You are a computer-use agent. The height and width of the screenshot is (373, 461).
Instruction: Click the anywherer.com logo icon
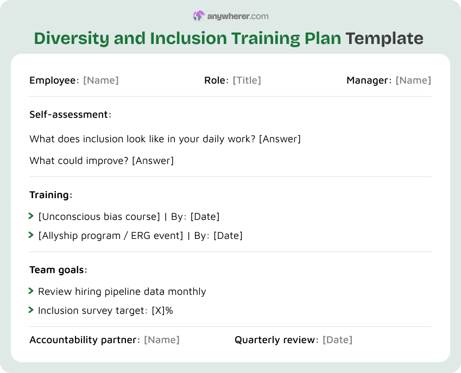pos(199,16)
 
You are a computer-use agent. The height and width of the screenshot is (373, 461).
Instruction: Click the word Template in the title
pos(384,39)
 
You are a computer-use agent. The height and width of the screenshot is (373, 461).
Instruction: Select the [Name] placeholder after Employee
pos(100,80)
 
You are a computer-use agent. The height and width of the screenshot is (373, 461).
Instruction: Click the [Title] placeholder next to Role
pos(247,80)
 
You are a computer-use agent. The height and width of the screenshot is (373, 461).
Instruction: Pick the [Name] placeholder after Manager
pos(413,80)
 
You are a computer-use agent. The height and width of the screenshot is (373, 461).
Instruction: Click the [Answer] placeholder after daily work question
pos(280,139)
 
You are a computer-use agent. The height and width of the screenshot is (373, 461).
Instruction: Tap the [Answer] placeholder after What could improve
pos(153,161)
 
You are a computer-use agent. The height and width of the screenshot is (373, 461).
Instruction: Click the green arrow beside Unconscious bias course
pos(31,217)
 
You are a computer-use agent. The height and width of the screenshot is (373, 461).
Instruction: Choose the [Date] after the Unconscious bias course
pos(205,217)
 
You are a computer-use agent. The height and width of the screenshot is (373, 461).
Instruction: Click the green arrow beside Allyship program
pos(31,235)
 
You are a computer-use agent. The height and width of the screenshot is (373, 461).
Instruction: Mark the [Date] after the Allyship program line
pos(228,236)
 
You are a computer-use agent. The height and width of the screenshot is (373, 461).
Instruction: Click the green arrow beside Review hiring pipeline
pos(31,292)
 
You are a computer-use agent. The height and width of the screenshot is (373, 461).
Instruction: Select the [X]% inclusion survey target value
pos(162,311)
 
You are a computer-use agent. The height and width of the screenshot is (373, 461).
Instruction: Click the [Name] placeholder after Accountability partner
pos(161,340)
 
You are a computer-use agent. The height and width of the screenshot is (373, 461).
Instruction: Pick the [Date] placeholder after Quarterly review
pos(337,340)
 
